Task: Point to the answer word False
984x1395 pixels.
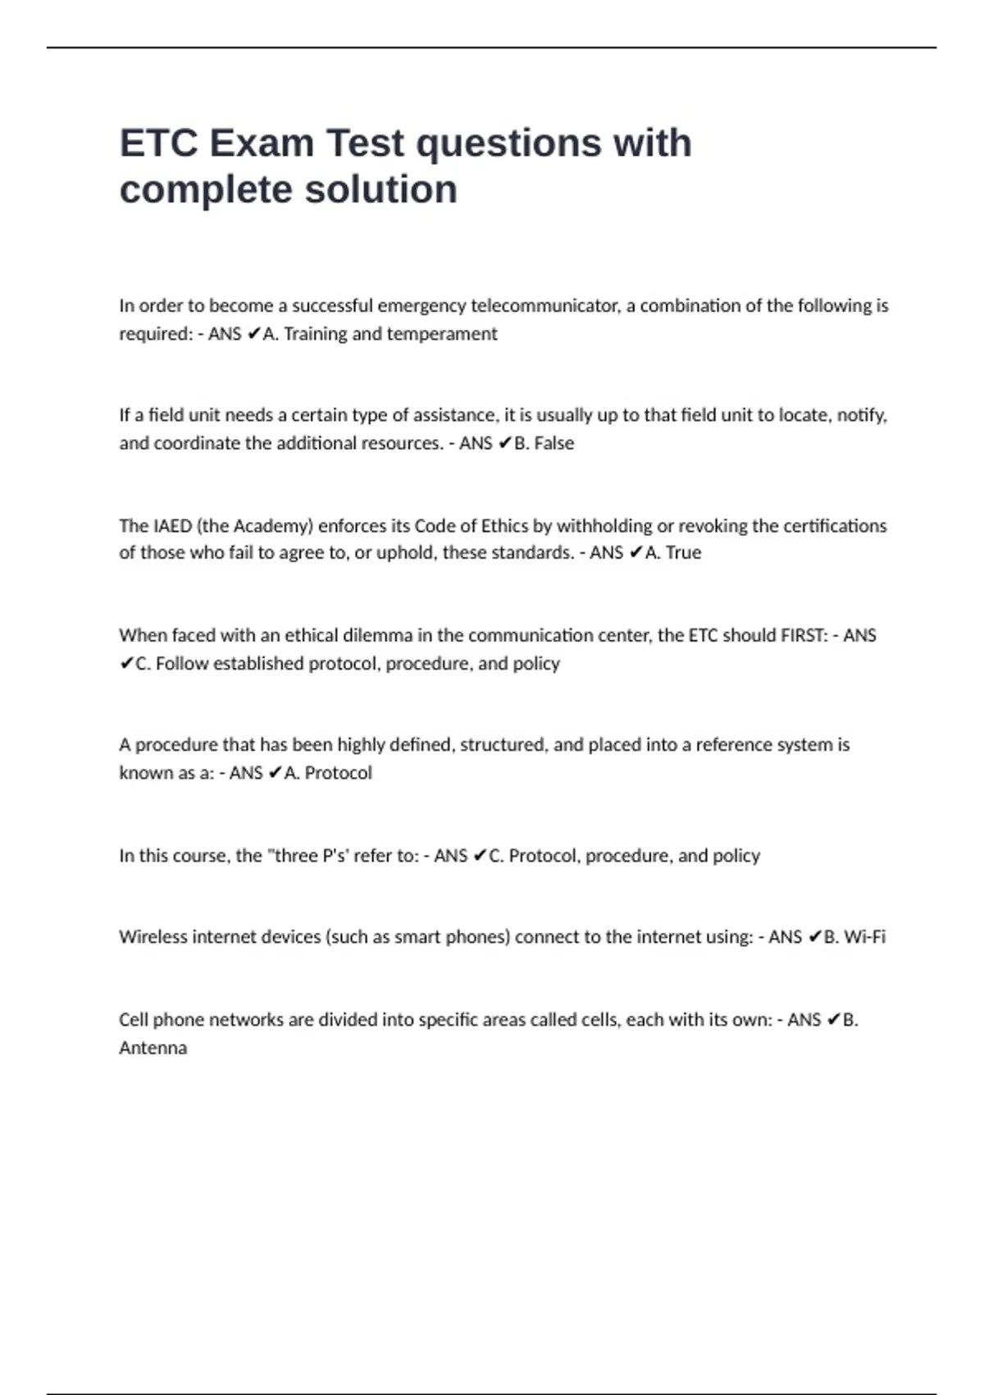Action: pyautogui.click(x=554, y=443)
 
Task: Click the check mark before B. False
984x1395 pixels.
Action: pyautogui.click(x=504, y=443)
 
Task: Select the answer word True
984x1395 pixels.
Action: pyautogui.click(x=683, y=553)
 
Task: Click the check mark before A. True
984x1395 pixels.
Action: pyautogui.click(x=635, y=553)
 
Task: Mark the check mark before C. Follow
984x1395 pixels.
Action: pyautogui.click(x=126, y=664)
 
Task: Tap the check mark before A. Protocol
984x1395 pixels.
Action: pyautogui.click(x=275, y=773)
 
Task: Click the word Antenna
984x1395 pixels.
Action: pyautogui.click(x=153, y=1048)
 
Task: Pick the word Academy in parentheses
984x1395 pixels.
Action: pyautogui.click(x=273, y=526)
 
